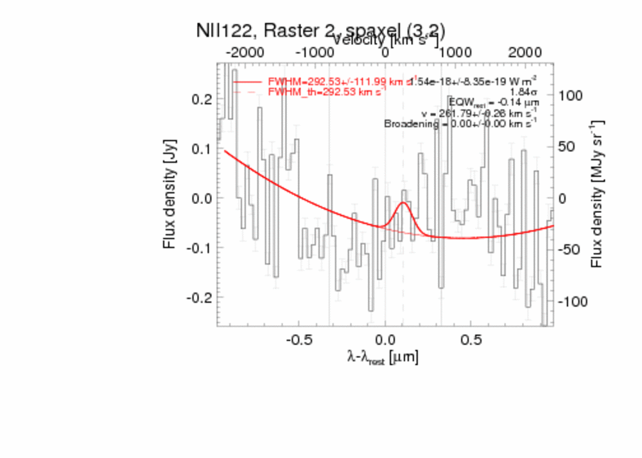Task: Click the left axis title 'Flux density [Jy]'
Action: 169,198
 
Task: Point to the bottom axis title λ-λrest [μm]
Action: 382,357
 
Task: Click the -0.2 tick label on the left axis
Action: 200,298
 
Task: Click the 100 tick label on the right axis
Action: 569,96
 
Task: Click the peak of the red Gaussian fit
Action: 403,203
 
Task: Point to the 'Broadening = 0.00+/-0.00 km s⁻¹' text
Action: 460,124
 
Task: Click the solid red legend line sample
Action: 248,82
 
